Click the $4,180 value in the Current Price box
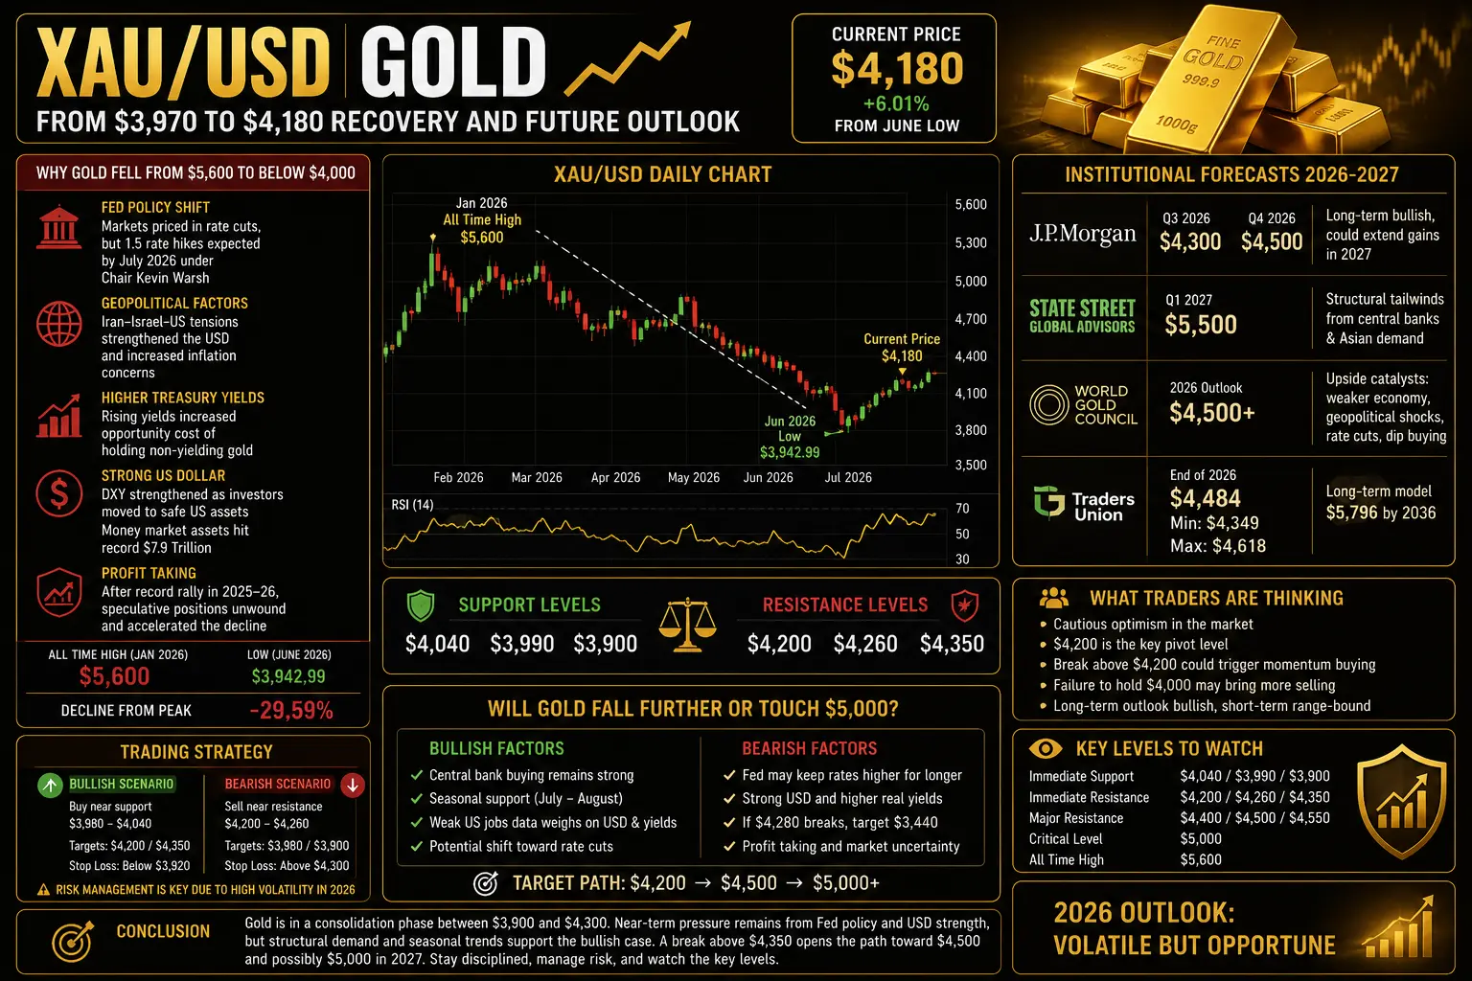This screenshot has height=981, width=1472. coord(897,69)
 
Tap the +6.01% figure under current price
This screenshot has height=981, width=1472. coord(896,103)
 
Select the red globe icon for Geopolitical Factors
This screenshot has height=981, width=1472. coord(59,324)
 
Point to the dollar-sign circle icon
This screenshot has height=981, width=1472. coord(59,493)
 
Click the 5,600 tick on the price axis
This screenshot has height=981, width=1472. coord(971,204)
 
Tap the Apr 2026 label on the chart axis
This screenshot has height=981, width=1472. coord(615,478)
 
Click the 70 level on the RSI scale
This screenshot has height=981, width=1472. coord(962,509)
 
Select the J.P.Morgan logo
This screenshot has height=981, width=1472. coord(1082,234)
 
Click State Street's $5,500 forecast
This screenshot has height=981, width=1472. coord(1201,325)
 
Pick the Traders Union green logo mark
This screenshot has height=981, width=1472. coord(1048,503)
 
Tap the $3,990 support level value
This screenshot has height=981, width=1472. coord(521,644)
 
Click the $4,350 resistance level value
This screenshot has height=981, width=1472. coord(952,644)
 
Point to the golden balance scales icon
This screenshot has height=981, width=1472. coord(687,625)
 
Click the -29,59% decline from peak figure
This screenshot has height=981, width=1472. coord(291,711)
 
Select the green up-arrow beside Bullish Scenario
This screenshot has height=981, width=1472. coord(50,785)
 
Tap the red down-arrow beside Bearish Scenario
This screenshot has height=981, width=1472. coord(353,785)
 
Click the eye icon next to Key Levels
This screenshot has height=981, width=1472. coord(1046,748)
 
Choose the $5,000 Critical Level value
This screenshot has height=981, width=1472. coord(1201,839)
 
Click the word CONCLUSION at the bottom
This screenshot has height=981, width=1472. coord(163,931)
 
